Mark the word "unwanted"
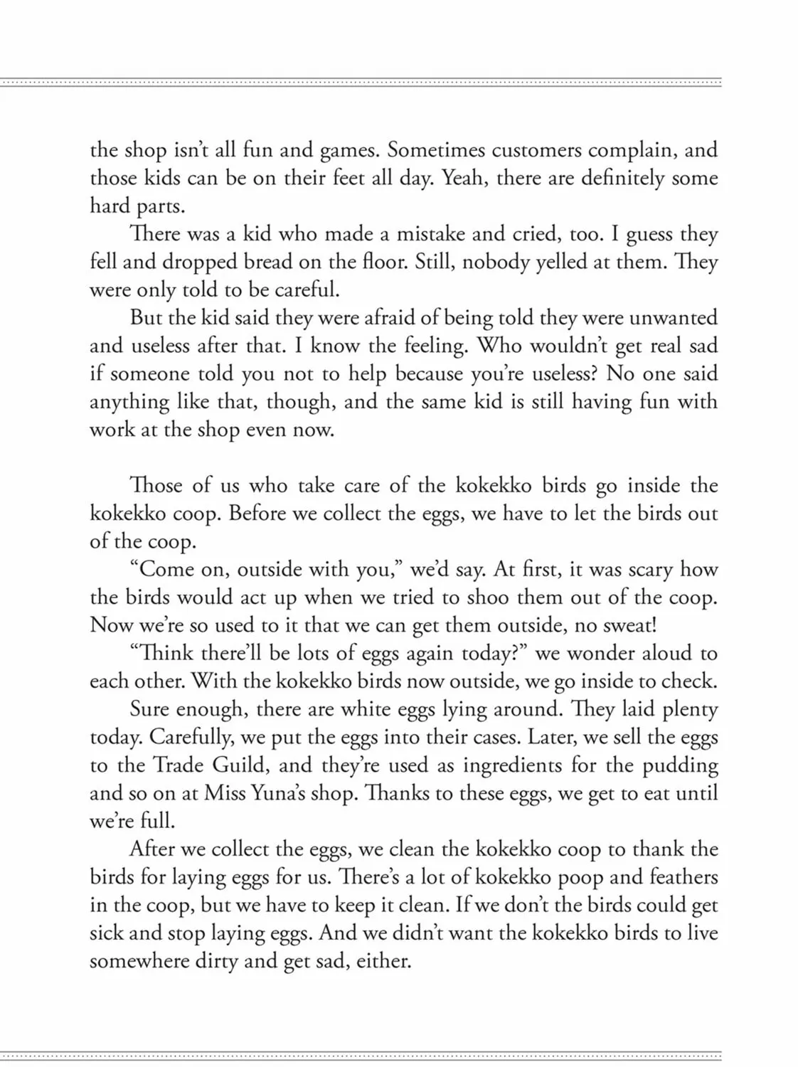(673, 318)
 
